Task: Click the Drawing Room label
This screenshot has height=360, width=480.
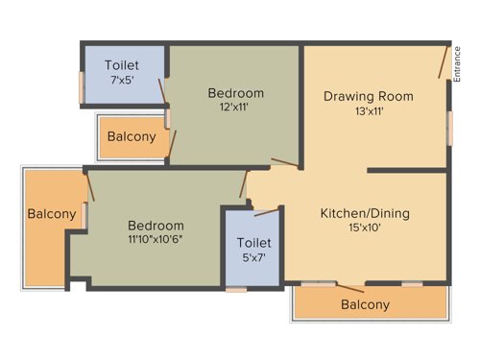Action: coord(369,95)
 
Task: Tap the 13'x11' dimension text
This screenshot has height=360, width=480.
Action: coord(369,110)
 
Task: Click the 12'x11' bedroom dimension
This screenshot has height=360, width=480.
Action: coord(235,108)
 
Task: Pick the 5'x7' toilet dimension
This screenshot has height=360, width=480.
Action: coord(253,258)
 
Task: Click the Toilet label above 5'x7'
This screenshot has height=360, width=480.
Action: coord(253,243)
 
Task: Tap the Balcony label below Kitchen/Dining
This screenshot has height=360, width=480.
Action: coord(366,305)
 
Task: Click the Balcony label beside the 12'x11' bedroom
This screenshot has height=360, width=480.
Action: coord(132,137)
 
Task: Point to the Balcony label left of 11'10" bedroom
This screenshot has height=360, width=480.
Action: coord(51,214)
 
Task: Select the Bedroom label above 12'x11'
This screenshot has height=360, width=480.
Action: coord(235,93)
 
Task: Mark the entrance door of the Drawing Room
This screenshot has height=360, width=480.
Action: coord(444,61)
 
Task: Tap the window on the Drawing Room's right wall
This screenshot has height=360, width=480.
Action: coord(449,127)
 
